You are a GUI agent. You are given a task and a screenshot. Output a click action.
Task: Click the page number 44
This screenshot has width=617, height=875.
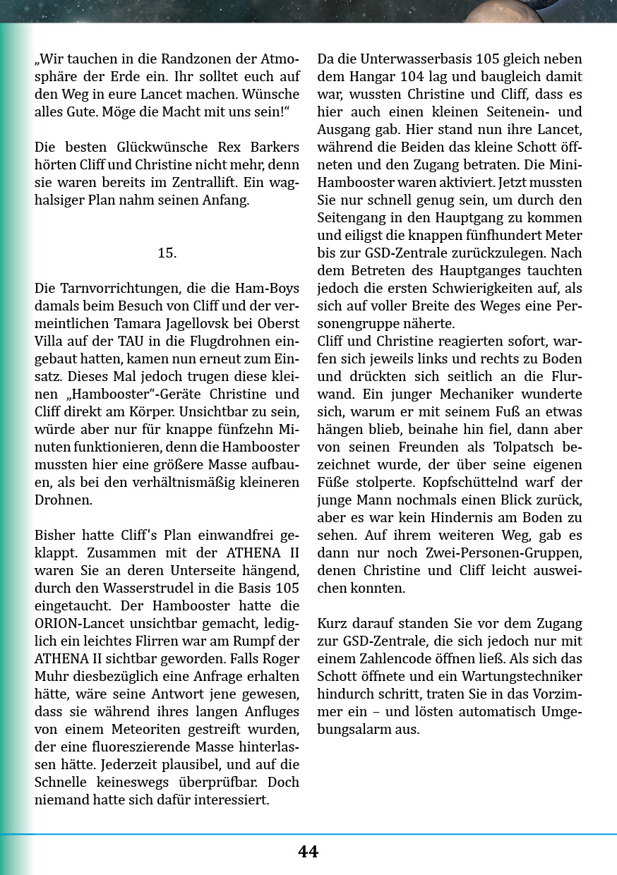308,852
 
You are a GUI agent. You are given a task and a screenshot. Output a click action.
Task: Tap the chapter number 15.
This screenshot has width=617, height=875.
167,253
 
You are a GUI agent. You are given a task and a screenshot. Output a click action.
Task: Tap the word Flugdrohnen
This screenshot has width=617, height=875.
236,341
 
